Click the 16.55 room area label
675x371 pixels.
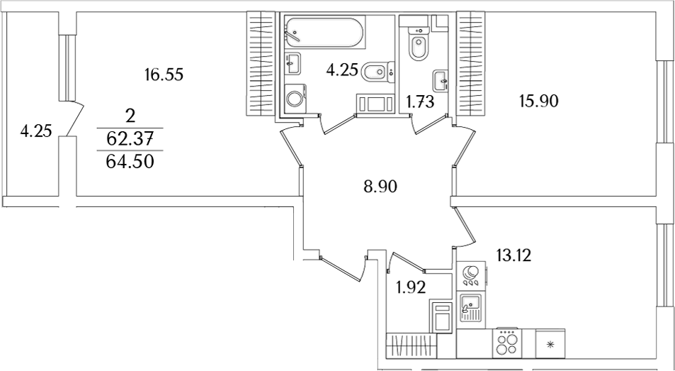pyautogui.click(x=164, y=75)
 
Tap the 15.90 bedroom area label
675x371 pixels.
pyautogui.click(x=538, y=101)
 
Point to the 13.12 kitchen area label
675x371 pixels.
pyautogui.click(x=513, y=256)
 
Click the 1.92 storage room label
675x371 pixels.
pyautogui.click(x=411, y=288)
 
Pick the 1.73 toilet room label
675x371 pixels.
pyautogui.click(x=420, y=102)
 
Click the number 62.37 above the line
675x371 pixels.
pyautogui.click(x=130, y=139)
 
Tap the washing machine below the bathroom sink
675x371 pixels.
pyautogui.click(x=295, y=99)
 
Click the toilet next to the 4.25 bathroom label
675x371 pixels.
pyautogui.click(x=378, y=72)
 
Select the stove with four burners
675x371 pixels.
pyautogui.click(x=506, y=343)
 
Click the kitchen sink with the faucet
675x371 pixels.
pyautogui.click(x=470, y=308)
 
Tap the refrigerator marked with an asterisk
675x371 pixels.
pyautogui.click(x=550, y=343)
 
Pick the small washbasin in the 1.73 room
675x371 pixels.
pyautogui.click(x=441, y=81)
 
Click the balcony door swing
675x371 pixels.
pyautogui.click(x=74, y=119)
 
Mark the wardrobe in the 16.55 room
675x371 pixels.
pyautogui.click(x=261, y=64)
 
